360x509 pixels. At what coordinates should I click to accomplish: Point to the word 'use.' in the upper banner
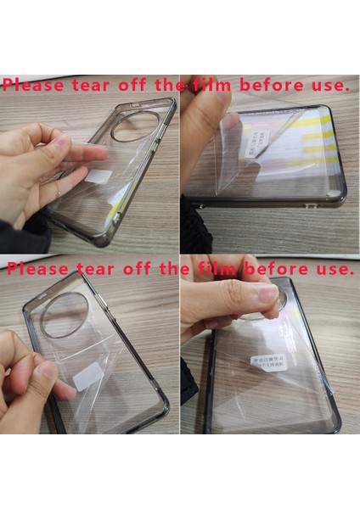point(328,86)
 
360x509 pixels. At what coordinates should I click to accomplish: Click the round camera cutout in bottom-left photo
point(65,315)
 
